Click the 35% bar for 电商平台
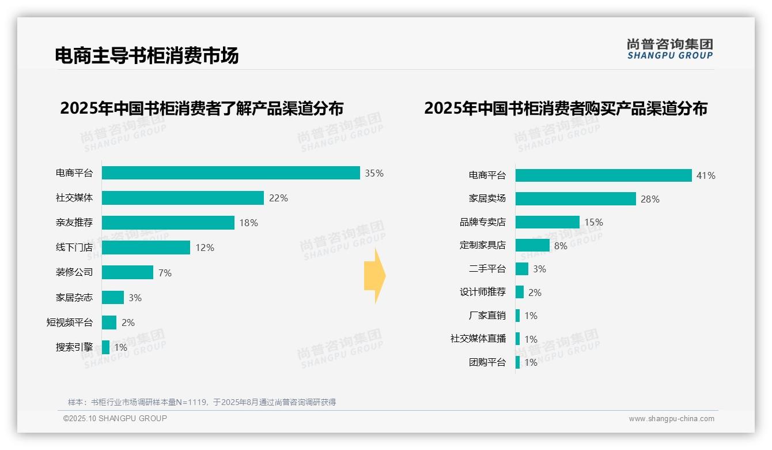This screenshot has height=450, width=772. click(230, 172)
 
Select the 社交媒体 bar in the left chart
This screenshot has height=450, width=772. click(183, 198)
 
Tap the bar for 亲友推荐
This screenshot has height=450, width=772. click(168, 223)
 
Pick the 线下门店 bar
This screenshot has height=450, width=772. click(146, 247)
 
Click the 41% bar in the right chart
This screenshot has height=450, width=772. click(603, 175)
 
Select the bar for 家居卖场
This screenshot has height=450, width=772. click(576, 199)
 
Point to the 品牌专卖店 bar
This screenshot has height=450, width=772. click(547, 222)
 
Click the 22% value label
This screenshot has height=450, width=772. click(278, 198)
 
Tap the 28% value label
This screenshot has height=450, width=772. click(650, 199)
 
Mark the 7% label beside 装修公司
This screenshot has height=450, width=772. click(165, 273)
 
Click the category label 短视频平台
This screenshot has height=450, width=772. click(69, 322)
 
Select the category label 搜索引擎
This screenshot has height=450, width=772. click(74, 347)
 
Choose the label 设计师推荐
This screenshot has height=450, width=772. click(482, 292)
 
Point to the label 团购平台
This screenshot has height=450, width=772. click(487, 362)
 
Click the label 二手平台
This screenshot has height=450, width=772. click(487, 269)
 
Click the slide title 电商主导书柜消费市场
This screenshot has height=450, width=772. click(146, 55)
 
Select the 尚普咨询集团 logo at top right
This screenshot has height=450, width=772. click(669, 48)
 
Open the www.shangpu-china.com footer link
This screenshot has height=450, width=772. click(671, 419)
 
